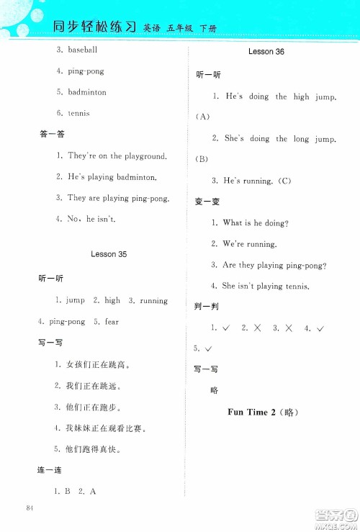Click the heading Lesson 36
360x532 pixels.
pos(266,53)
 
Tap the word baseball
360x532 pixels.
pos(83,50)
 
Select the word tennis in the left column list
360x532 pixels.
pos(78,113)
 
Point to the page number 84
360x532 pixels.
pos(30,510)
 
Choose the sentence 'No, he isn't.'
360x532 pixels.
pos(91,219)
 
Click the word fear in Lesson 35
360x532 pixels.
pos(112,322)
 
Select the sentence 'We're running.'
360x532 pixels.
pos(249,244)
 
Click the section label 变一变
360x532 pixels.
pos(207,202)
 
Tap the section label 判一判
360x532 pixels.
pos(207,307)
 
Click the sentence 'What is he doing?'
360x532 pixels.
pos(254,223)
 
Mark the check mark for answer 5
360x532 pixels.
pos(209,349)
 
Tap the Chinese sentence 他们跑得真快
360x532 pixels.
pos(94,450)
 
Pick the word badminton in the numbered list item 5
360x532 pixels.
pos(87,92)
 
